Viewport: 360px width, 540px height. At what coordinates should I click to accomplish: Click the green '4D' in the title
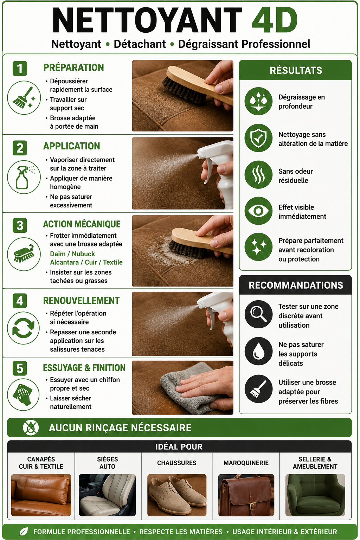275,20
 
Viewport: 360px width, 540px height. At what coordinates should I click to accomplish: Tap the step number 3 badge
20,225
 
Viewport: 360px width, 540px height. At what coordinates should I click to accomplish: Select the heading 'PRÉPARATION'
73,67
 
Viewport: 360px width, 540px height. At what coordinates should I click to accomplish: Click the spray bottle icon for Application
24,177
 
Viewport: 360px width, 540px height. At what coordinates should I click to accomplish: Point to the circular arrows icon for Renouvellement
24,328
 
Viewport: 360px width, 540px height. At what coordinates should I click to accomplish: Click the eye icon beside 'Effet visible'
258,211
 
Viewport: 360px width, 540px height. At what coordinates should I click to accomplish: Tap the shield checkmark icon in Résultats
258,138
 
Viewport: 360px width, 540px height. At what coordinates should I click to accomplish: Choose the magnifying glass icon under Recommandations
258,314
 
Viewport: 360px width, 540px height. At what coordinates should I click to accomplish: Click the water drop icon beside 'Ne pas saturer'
258,351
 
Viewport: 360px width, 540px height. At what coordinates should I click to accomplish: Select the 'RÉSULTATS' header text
296,70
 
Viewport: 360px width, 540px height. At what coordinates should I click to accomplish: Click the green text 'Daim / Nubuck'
72,254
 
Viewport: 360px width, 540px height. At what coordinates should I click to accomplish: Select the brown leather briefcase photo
246,495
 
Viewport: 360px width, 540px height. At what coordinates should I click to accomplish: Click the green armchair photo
315,495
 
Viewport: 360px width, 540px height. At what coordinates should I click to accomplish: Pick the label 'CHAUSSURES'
177,463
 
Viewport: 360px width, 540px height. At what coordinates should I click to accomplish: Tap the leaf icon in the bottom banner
24,532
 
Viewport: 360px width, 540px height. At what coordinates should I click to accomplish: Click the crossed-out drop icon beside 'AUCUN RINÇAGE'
31,428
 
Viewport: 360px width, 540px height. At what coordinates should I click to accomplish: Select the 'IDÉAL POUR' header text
179,447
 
